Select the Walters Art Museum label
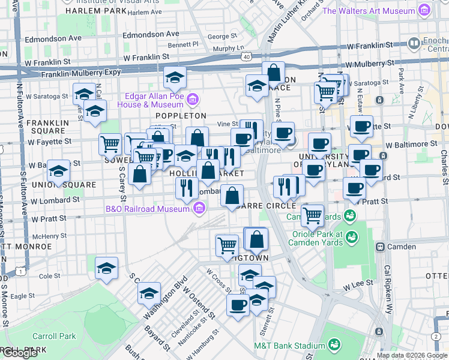click(x=369, y=11)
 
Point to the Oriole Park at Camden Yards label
click(x=318, y=238)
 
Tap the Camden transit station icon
click(x=379, y=247)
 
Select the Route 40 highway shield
click(x=247, y=56)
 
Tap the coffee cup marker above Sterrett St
click(x=238, y=305)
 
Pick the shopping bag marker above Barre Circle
click(x=232, y=196)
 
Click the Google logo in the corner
click(x=19, y=353)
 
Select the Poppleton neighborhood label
click(x=181, y=115)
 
